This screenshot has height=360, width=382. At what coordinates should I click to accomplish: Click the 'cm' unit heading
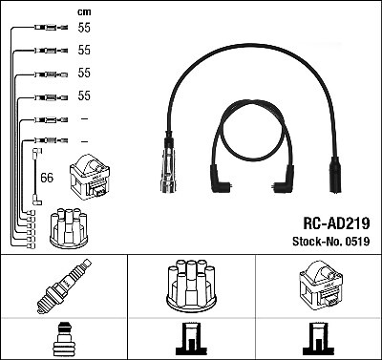pyautogui.click(x=84, y=12)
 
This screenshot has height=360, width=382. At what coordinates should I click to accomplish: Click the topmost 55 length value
pyautogui.click(x=84, y=28)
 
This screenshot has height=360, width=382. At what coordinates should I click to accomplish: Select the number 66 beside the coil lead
pyautogui.click(x=47, y=178)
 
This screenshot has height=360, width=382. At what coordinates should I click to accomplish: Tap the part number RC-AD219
pyautogui.click(x=336, y=223)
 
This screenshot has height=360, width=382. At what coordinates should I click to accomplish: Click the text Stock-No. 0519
pyautogui.click(x=331, y=242)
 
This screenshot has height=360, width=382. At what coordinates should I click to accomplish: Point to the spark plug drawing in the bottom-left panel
pyautogui.click(x=64, y=286)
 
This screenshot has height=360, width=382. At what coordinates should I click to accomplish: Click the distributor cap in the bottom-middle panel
pyautogui.click(x=191, y=286)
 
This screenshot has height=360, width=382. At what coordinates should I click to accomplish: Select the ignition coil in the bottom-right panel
pyautogui.click(x=322, y=285)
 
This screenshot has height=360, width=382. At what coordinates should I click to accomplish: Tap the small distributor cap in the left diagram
pyautogui.click(x=69, y=228)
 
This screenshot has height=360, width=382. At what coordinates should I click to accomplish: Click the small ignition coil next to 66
pyautogui.click(x=90, y=177)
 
